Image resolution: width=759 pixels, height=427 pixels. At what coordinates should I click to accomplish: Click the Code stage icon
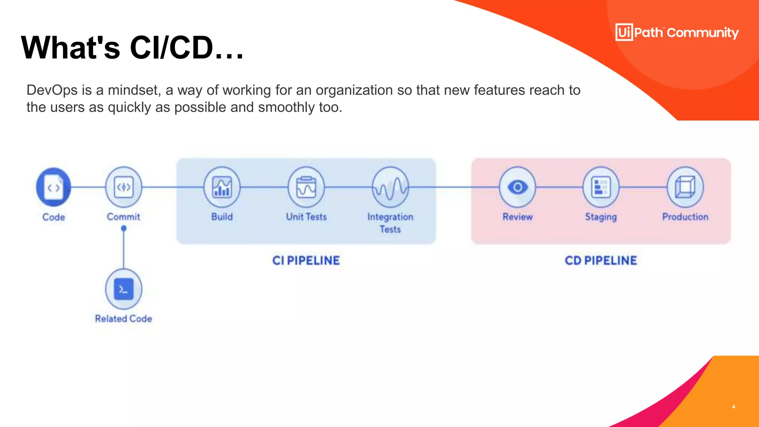click(x=54, y=187)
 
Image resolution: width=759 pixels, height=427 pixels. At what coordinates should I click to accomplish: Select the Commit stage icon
click(x=123, y=187)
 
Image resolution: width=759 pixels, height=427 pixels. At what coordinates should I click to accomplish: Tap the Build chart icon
click(x=222, y=187)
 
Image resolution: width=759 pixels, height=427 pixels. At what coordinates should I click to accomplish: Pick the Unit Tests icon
click(x=306, y=187)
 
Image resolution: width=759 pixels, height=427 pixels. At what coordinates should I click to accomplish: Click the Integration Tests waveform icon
click(x=390, y=187)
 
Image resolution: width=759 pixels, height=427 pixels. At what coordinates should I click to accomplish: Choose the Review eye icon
click(x=517, y=187)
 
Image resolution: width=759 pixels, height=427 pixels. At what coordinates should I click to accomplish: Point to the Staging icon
click(x=601, y=187)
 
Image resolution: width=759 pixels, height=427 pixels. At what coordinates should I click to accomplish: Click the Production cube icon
click(x=685, y=187)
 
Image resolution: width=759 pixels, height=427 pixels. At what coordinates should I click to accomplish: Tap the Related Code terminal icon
click(x=123, y=289)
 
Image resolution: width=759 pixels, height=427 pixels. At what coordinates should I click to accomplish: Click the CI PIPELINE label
click(x=306, y=261)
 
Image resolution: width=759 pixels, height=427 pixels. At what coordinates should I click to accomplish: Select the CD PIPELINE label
click(x=601, y=261)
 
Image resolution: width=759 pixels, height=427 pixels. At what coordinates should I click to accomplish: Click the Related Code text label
click(x=123, y=319)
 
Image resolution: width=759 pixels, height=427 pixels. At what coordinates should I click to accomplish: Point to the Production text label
click(x=685, y=217)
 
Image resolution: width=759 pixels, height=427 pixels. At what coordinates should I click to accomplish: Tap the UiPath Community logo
click(x=677, y=33)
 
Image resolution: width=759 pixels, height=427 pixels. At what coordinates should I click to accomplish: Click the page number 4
click(x=733, y=407)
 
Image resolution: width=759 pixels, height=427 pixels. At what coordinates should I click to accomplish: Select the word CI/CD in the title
click(x=172, y=48)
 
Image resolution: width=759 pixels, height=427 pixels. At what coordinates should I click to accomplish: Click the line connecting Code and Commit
click(x=88, y=187)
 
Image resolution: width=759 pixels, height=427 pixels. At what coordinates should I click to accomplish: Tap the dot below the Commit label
click(x=124, y=228)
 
